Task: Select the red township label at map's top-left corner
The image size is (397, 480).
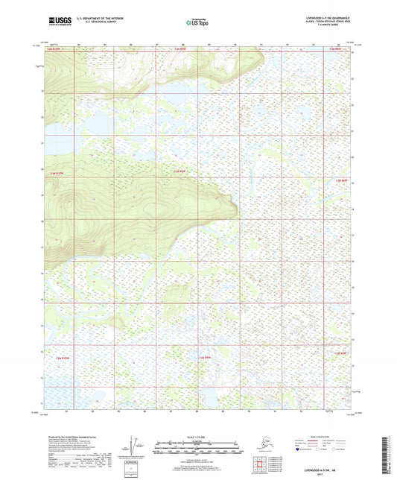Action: [x=52, y=48]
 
